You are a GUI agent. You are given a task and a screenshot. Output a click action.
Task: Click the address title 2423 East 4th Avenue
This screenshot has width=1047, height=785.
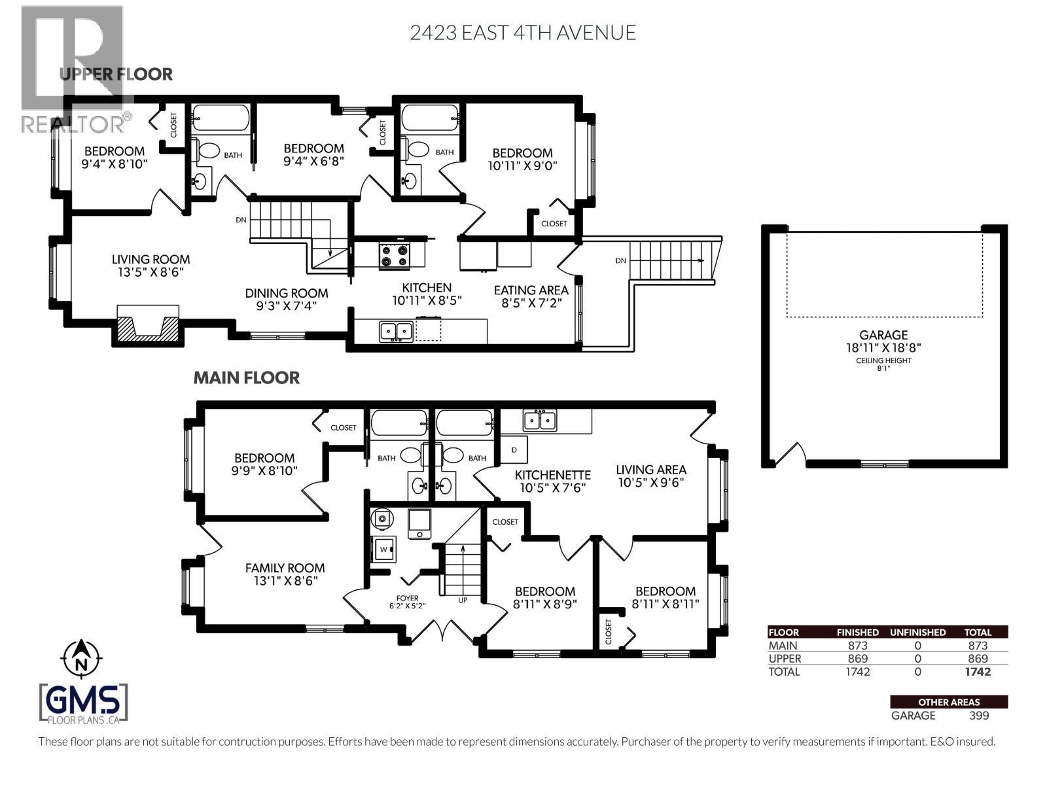pos(523,33)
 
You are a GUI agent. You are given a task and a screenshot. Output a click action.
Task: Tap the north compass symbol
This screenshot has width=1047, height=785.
pos(81,657)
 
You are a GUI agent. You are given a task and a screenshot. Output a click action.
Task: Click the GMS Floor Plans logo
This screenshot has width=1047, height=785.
pos(84,703)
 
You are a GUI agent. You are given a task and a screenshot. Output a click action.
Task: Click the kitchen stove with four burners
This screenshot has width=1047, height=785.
pos(395,256)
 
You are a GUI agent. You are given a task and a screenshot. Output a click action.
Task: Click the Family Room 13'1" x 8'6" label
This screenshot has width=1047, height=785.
pos(285,574)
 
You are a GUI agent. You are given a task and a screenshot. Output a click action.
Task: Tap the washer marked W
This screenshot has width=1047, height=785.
pos(383,548)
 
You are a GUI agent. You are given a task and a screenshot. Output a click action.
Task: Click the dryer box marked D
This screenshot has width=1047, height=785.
pos(514,450)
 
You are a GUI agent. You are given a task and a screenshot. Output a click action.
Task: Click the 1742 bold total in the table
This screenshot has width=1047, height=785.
pos(978,672)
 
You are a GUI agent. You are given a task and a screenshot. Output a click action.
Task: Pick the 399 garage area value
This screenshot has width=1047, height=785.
pos(978,715)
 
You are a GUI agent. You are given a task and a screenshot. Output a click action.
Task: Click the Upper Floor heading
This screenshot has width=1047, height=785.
pos(116,74)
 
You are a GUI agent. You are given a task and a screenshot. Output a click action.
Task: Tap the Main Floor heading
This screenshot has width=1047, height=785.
pos(247,377)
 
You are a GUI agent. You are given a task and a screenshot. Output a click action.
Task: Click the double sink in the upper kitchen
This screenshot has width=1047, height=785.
pos(396,331)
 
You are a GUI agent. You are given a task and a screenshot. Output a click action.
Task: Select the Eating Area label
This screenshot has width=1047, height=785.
pos(531,296)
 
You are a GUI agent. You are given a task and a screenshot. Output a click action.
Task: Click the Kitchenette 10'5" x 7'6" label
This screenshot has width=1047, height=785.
pos(552,481)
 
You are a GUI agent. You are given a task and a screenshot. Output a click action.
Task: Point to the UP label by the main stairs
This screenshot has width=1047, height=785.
pos(463,599)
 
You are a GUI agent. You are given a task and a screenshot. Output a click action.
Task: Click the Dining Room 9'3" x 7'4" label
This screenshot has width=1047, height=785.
pos(287,299)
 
